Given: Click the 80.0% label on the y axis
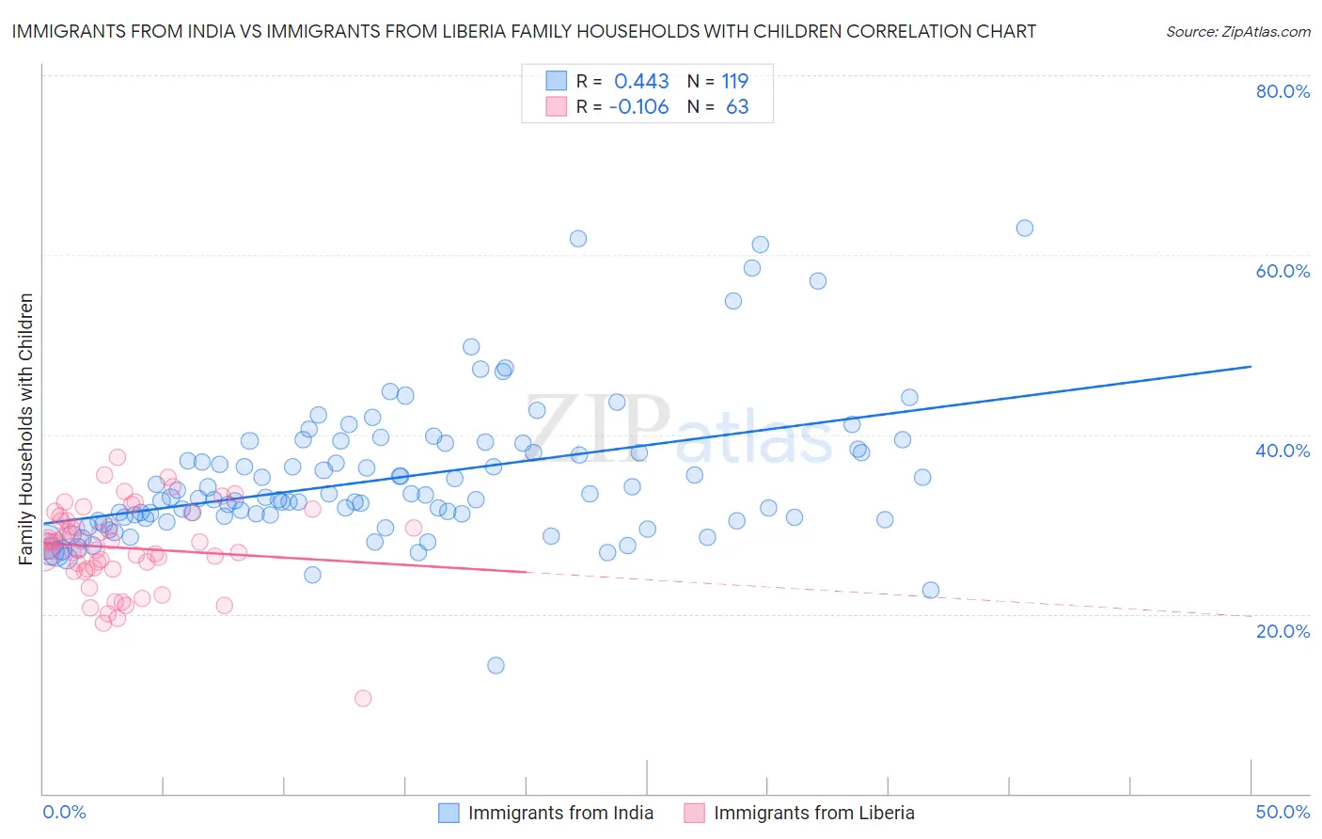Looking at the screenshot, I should (x=1283, y=91).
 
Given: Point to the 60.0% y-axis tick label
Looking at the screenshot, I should (x=1283, y=271).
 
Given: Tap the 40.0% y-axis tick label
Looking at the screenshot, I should (x=1283, y=451).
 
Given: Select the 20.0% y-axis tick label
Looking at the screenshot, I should (x=1283, y=630).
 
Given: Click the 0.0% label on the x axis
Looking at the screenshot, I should (x=64, y=812).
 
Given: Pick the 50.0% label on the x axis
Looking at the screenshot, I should (x=1283, y=812).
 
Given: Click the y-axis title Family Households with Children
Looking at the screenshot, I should (x=25, y=429).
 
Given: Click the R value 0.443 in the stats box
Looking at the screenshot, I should (x=641, y=81).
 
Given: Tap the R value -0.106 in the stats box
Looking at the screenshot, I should (x=638, y=107).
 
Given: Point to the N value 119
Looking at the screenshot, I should (x=734, y=81).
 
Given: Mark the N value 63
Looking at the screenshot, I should (x=737, y=107).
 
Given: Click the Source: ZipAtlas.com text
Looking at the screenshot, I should (x=1237, y=31).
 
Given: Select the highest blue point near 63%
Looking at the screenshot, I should (x=1025, y=228).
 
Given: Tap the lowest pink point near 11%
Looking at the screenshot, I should (x=363, y=698).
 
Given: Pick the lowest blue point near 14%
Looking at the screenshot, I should (x=496, y=665).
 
